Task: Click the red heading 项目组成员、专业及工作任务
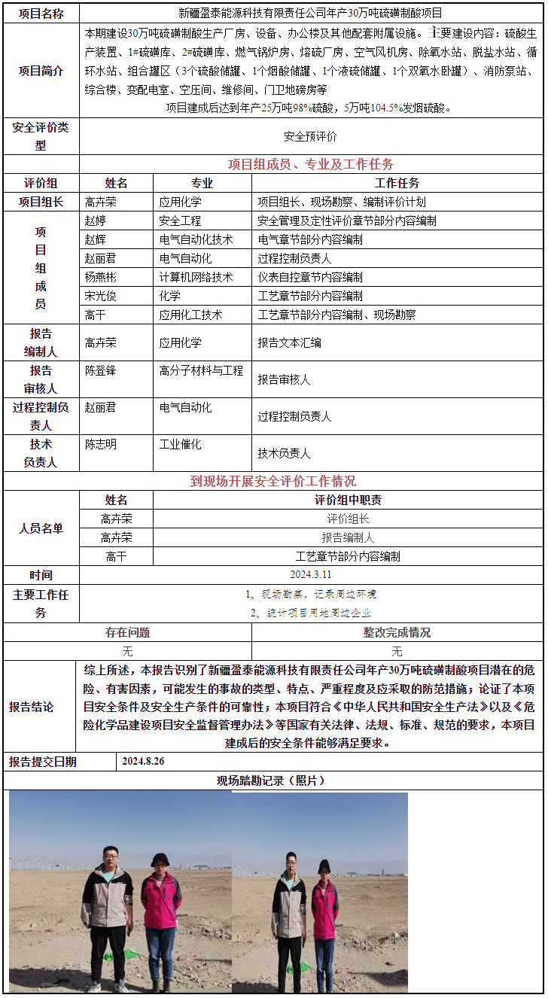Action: click(310, 164)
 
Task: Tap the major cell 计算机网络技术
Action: click(196, 277)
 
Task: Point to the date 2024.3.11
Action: click(310, 575)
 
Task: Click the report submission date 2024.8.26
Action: click(143, 762)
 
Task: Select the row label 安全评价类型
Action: click(41, 136)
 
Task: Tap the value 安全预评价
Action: click(310, 136)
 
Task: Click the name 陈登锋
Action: click(101, 371)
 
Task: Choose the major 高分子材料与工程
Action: click(201, 371)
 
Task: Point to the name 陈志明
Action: click(101, 445)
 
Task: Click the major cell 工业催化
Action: click(180, 445)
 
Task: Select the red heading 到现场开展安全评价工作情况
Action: click(272, 481)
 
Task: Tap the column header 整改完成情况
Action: click(397, 633)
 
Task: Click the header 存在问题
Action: click(127, 633)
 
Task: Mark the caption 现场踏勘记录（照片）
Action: click(272, 780)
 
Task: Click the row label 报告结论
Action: click(31, 707)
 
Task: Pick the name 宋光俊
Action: click(102, 296)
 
